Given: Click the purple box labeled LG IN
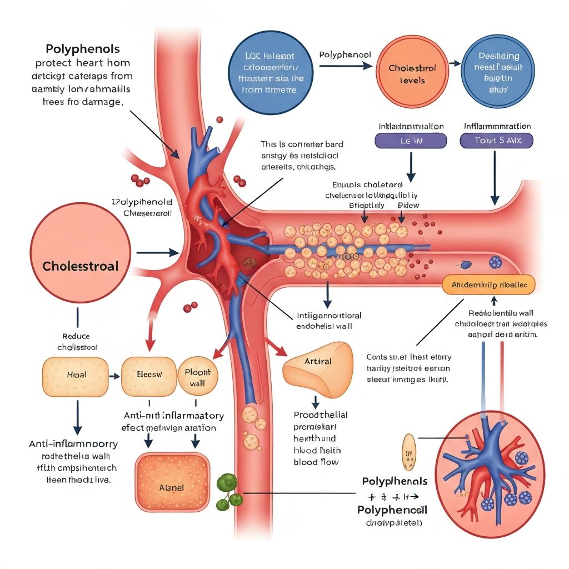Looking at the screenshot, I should (411, 141).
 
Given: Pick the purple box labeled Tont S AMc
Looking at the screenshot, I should (497, 141).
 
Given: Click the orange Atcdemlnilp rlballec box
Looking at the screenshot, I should (488, 284).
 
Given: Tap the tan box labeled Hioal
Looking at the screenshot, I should (76, 375).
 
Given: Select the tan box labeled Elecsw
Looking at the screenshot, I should (149, 375).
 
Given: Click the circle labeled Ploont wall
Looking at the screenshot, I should (198, 376).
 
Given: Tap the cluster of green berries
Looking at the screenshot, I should (228, 492).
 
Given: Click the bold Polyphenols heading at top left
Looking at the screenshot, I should (83, 49).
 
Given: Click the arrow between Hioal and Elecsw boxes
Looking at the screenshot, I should (114, 376).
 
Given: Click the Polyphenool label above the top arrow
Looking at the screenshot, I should (345, 55).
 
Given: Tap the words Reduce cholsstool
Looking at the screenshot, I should (77, 342).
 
